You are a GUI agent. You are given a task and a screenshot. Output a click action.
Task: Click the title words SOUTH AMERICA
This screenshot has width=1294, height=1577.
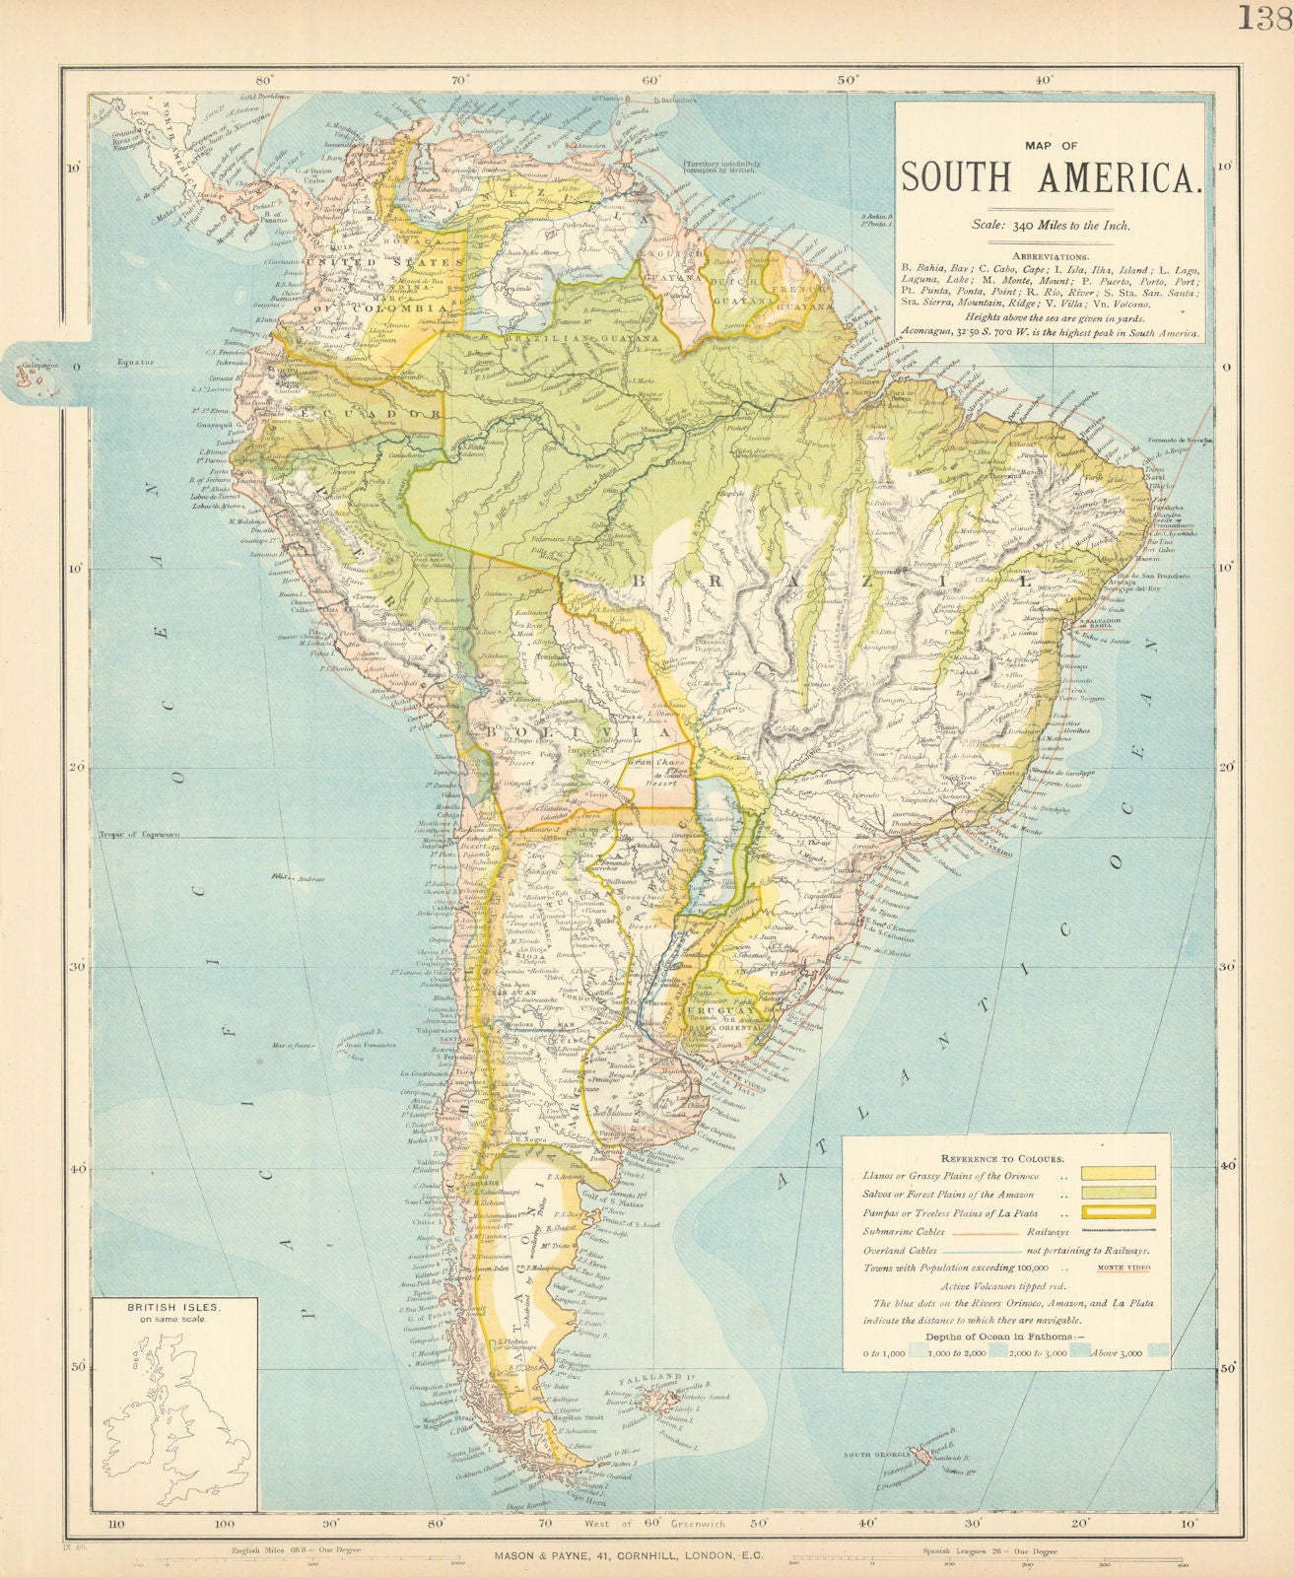(1052, 177)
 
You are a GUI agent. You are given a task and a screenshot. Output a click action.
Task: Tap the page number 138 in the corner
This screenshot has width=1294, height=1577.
(1267, 18)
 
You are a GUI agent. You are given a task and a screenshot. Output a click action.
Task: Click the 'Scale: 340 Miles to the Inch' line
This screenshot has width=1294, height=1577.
(1052, 225)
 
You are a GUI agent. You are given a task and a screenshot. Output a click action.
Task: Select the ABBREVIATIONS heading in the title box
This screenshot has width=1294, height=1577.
(1052, 250)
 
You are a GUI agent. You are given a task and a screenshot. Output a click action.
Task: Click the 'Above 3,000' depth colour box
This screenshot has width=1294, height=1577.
(1157, 1352)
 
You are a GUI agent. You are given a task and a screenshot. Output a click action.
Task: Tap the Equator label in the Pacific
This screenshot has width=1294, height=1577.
(134, 363)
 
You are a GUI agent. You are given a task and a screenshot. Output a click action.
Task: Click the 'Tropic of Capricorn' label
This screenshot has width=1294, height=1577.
(138, 835)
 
